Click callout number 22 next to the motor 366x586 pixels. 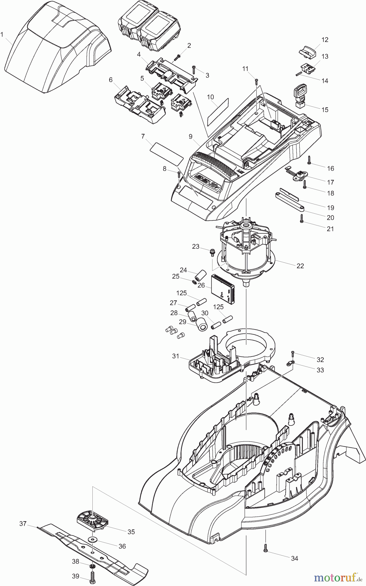pos(300,266)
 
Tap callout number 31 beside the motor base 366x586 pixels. pos(176,356)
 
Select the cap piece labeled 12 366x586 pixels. pos(307,51)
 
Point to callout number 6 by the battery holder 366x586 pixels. pos(111,79)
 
